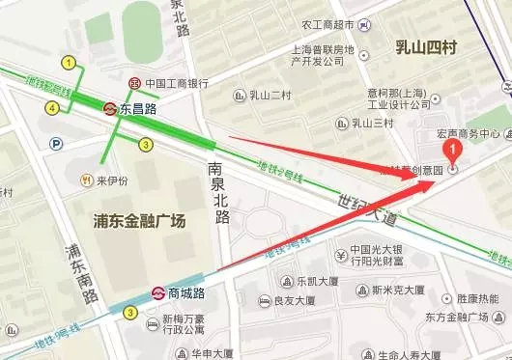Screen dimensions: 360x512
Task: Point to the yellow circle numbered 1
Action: [68, 63]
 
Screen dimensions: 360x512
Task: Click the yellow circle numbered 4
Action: [51, 108]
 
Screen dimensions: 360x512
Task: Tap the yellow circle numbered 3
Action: [145, 145]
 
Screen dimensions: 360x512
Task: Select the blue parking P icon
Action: [57, 144]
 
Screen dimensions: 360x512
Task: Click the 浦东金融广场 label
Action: [147, 221]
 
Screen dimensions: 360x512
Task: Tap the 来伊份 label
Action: [113, 180]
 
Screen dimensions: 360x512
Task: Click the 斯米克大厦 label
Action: [398, 286]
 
